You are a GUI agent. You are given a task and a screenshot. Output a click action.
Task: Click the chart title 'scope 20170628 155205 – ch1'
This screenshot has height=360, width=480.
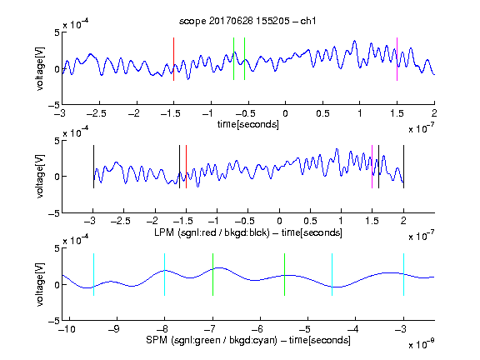coord(247,21)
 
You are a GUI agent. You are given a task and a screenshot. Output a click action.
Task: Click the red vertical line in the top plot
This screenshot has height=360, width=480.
coord(173,59)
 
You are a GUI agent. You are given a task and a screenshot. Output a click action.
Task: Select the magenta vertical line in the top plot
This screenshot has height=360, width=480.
coord(397,59)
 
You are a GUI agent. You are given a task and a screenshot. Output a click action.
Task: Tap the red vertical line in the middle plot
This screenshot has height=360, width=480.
coord(186,167)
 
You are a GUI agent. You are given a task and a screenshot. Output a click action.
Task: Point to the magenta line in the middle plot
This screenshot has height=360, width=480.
coord(372,167)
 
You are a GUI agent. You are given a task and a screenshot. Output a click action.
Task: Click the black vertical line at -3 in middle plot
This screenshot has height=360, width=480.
coord(93,167)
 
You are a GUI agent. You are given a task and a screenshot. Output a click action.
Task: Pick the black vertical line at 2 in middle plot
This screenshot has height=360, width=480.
coord(403,167)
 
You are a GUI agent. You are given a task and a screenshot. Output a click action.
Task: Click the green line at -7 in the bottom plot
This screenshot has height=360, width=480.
coord(212,275)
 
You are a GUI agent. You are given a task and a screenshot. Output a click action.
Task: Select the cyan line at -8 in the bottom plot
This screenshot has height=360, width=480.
coord(165,275)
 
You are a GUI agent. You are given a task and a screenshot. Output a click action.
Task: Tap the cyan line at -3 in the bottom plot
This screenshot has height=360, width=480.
coord(403,275)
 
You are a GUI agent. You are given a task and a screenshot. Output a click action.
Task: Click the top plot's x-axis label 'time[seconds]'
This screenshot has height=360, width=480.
coord(248,124)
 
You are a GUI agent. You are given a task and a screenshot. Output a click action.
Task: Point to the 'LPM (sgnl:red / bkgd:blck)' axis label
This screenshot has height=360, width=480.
coord(212,232)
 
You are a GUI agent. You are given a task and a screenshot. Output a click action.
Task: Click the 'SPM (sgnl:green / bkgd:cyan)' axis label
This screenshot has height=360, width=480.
coord(212,340)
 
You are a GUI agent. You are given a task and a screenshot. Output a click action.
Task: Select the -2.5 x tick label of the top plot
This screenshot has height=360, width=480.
coord(97,113)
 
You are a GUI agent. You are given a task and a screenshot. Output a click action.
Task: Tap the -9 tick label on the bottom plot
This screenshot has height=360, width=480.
coord(114,329)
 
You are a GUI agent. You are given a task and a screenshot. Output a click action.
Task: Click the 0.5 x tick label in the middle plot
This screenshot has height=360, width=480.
coord(310,221)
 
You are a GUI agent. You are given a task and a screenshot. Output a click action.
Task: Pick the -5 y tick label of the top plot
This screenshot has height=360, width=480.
coord(54,105)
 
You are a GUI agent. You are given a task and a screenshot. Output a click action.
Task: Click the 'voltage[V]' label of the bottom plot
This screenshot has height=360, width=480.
coord(40,285)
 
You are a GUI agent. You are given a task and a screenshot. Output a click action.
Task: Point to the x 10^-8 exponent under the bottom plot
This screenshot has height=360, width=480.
coord(421,344)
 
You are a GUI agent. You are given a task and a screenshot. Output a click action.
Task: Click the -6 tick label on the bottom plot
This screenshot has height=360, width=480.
coord(257,329)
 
